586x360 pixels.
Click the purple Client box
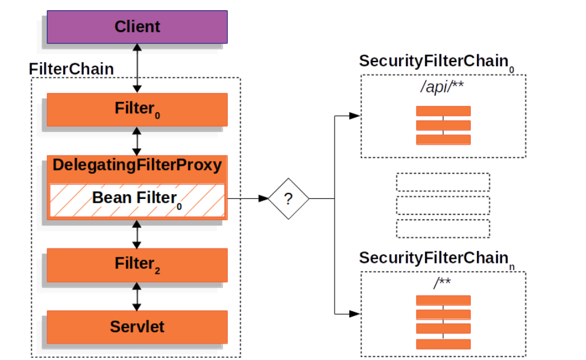click(137, 27)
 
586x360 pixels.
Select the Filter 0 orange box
click(137, 109)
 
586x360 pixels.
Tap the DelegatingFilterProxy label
click(137, 165)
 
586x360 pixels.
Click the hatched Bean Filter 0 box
click(137, 200)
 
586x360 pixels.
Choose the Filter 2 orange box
click(137, 265)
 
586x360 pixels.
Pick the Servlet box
click(137, 327)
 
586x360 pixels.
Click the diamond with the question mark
click(288, 198)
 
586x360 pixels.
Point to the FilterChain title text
click(71, 69)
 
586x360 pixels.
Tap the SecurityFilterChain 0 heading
click(436, 62)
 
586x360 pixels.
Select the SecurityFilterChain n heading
click(436, 259)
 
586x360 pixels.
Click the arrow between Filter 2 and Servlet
click(137, 296)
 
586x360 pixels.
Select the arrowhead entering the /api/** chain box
click(354, 116)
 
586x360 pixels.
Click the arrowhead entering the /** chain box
click(354, 314)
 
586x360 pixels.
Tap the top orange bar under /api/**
click(443, 111)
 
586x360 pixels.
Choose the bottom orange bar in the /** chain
click(443, 344)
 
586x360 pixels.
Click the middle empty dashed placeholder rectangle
click(443, 206)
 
